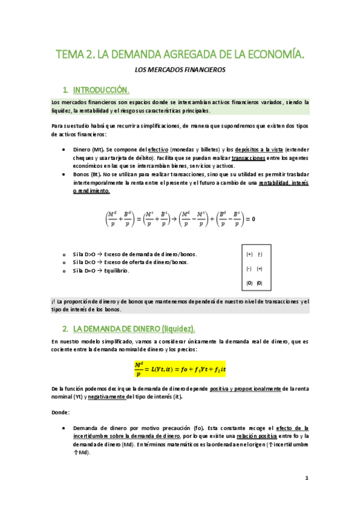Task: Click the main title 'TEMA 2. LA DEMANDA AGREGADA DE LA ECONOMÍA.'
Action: click(x=180, y=55)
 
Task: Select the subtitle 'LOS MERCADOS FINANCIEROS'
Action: click(x=180, y=70)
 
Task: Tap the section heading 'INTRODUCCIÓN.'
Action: click(x=101, y=91)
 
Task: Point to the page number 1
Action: click(x=307, y=478)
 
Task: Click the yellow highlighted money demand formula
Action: click(x=180, y=366)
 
